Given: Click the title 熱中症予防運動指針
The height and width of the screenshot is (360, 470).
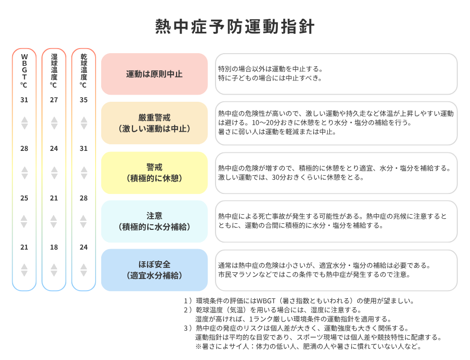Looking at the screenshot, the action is (x=235, y=26).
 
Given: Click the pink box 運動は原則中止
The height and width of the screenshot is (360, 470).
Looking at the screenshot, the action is (x=154, y=74).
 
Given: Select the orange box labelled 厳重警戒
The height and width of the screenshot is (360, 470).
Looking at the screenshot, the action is (x=154, y=123).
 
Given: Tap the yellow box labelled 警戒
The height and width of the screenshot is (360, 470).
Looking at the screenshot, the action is (x=154, y=173).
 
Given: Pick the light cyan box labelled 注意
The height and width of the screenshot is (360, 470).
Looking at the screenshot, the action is (x=154, y=221).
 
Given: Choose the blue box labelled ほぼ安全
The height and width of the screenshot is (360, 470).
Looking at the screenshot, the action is (x=154, y=270).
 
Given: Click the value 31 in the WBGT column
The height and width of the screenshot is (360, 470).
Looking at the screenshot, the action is (x=24, y=100).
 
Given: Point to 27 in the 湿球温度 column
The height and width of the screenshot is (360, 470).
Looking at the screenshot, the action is (x=54, y=100).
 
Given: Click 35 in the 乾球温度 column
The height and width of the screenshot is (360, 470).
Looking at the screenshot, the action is (x=83, y=100).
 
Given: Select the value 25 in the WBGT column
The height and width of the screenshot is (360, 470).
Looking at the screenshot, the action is (x=24, y=198).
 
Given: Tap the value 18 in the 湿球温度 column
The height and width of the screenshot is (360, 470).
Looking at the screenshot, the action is (x=54, y=247).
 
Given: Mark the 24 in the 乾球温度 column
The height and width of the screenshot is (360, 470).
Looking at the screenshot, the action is (x=83, y=247).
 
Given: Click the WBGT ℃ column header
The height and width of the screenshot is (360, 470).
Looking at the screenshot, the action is (x=24, y=71).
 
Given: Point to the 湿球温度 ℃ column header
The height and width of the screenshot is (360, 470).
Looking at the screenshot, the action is (x=54, y=71).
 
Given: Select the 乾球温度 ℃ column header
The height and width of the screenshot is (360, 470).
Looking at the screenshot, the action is (x=83, y=71).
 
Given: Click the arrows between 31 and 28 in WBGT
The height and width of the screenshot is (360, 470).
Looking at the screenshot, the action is (x=24, y=123).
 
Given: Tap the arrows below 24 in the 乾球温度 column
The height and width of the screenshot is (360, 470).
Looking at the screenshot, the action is (x=83, y=270).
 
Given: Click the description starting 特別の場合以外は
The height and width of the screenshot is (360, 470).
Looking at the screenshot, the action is (x=270, y=73).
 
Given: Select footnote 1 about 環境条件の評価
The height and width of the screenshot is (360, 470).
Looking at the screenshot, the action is (x=299, y=301).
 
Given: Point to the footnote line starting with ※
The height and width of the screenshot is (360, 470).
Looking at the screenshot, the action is (x=309, y=346).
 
